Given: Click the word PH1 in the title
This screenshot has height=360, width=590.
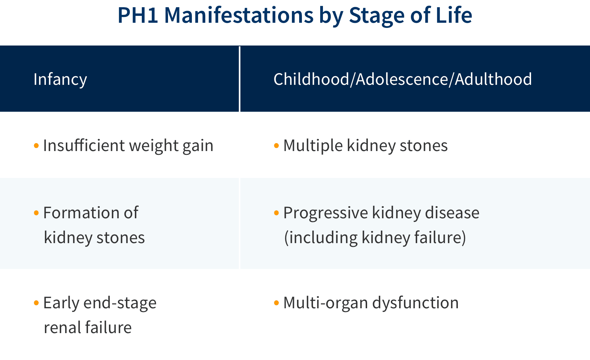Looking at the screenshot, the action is (138, 15).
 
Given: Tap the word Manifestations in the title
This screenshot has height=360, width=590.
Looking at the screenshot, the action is (239, 15).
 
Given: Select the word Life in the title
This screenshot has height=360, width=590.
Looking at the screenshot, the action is (454, 15).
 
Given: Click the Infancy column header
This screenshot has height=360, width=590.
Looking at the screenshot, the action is (60, 79).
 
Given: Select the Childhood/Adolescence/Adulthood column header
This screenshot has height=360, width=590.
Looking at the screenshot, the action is (403, 79).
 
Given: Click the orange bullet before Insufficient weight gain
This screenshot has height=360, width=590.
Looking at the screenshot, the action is (36, 146).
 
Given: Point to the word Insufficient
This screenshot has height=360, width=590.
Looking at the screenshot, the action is (84, 145).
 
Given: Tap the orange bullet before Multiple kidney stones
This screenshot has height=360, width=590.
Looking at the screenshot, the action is (276, 146).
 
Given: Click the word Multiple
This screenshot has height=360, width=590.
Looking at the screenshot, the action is (313, 146).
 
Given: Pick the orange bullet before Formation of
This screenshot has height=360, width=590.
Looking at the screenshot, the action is (36, 213).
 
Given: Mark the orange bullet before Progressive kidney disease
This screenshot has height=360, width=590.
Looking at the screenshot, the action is (276, 213).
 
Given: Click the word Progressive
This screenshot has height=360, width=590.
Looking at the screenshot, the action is (326, 213).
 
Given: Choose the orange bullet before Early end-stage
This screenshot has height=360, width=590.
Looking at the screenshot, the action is (36, 303).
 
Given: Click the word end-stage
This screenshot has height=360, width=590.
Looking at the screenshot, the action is (120, 303).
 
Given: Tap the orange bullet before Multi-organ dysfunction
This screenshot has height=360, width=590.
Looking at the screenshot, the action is (276, 303).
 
